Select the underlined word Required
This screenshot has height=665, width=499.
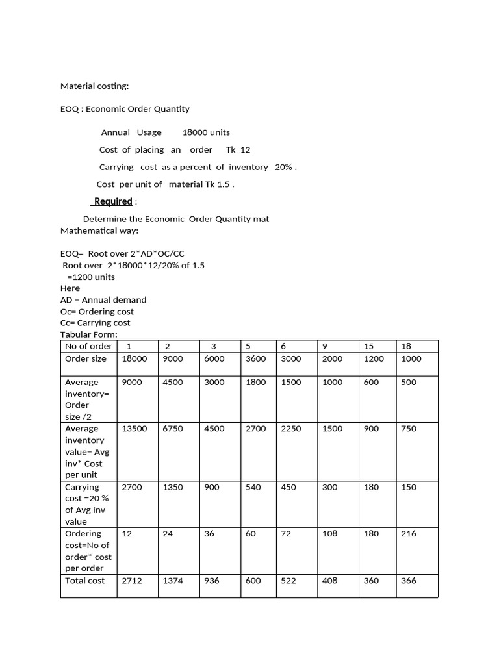point(113,201)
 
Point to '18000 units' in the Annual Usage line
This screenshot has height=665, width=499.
point(206,132)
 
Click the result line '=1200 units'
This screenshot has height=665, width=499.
point(91,277)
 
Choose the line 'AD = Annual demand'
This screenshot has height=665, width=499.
point(103,300)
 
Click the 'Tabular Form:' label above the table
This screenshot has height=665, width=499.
point(88,334)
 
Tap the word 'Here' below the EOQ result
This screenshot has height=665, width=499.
point(70,288)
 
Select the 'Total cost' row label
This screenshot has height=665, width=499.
point(84,581)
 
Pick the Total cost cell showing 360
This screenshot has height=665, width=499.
point(371,581)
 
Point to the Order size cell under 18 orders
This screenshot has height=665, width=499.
point(411,358)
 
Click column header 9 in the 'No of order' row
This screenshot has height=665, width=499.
point(326,346)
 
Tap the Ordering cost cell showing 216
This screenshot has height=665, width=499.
point(409,534)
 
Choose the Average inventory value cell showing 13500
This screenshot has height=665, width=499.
point(134,429)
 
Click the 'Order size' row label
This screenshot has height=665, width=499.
point(86,358)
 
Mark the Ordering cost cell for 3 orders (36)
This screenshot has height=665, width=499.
point(212,534)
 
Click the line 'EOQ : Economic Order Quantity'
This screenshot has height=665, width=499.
point(125,109)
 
